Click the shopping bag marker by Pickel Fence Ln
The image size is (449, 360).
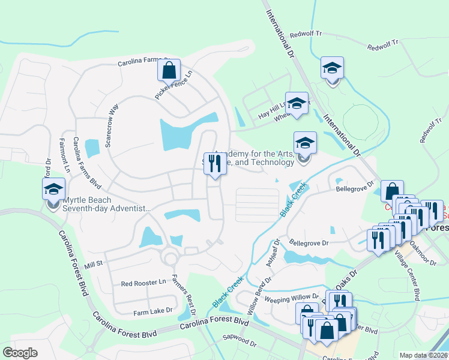point(169,70)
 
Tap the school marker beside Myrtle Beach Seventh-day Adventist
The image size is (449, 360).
point(53,189)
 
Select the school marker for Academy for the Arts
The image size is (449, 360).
point(304,143)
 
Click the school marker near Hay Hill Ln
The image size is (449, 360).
point(297,103)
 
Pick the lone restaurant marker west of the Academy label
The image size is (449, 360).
point(215,163)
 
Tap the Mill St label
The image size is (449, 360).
point(94,263)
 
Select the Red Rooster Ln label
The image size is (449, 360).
point(143,282)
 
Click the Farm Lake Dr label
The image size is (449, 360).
point(152,311)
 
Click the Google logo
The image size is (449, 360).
point(20,353)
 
